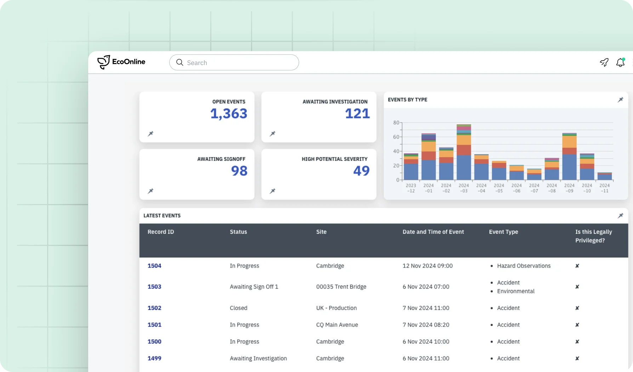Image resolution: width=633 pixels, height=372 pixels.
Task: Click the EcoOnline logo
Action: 121,62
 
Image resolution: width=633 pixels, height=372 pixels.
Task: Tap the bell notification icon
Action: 620,63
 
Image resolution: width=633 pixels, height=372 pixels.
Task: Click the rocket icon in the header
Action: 604,63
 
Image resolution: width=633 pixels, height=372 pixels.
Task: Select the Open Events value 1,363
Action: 229,114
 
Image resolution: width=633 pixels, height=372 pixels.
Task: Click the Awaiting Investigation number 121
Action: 357,114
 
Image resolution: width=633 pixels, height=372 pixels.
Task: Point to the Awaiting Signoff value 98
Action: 239,171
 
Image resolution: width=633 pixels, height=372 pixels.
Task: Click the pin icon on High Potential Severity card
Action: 272,191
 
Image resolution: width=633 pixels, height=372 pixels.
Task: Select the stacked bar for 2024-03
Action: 464,152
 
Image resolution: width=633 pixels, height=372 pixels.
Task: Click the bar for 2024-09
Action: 569,158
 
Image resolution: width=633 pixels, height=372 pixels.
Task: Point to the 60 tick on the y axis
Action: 396,137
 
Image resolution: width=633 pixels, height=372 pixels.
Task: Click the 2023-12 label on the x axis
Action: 411,188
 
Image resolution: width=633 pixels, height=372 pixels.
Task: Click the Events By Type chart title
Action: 407,100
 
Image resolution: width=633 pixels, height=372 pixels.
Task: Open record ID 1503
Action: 154,287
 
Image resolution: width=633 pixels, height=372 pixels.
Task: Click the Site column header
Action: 321,232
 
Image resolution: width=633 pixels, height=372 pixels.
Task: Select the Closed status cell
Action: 238,308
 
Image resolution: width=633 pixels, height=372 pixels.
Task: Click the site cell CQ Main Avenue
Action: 337,325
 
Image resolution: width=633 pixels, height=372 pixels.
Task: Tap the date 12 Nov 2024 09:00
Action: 427,266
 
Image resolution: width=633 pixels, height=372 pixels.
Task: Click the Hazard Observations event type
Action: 524,266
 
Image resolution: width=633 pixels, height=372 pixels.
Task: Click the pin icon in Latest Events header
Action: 620,216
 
